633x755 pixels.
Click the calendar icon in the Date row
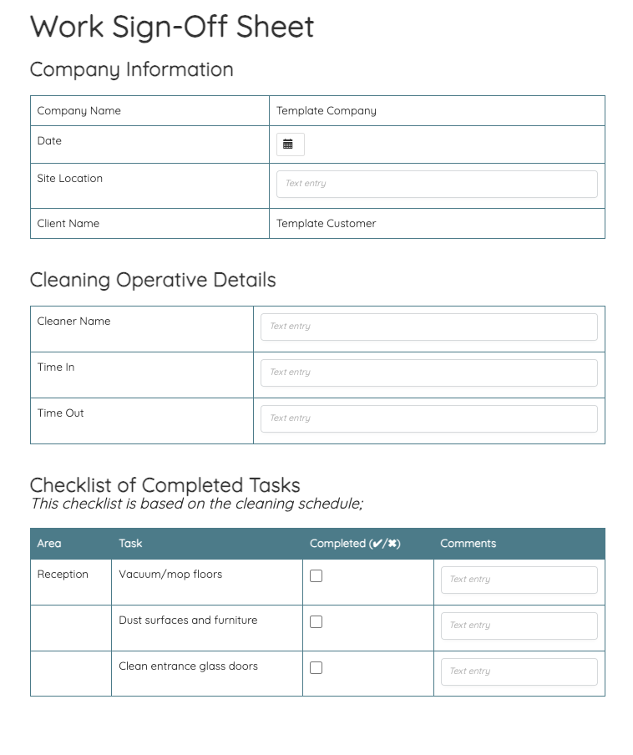click(x=288, y=144)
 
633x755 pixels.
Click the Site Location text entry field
click(x=437, y=184)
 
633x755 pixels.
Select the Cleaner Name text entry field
click(x=429, y=327)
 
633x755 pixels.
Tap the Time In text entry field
click(x=429, y=372)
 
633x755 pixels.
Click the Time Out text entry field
click(x=429, y=418)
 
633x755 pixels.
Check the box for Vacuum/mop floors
click(x=316, y=575)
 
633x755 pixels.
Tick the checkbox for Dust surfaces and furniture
click(x=316, y=621)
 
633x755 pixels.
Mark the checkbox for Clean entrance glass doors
click(x=316, y=667)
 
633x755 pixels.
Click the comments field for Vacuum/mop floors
click(x=519, y=580)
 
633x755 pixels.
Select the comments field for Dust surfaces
click(x=519, y=626)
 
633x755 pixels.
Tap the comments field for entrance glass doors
click(x=519, y=671)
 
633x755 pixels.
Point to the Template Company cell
click(x=327, y=111)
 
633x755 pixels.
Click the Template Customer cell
click(x=327, y=224)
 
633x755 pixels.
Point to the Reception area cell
click(x=63, y=575)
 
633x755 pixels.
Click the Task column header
click(x=130, y=544)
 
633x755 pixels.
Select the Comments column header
click(x=468, y=544)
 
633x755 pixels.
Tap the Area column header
click(x=49, y=544)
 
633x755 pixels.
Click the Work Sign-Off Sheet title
click(x=172, y=27)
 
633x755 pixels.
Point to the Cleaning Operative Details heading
click(x=153, y=280)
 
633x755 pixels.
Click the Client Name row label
click(x=68, y=224)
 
